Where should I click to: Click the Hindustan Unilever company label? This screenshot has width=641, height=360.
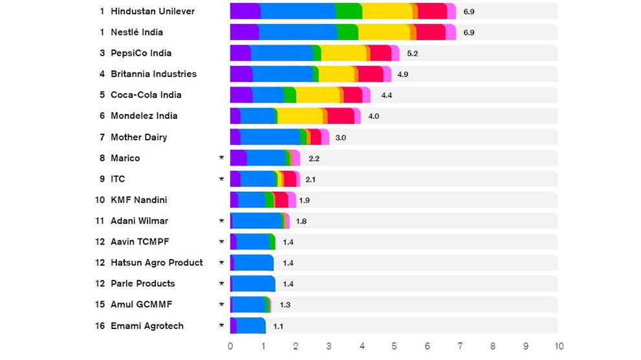[x=153, y=12]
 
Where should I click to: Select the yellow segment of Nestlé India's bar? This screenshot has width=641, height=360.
[x=384, y=32]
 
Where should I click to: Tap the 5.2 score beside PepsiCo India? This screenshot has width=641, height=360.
[x=412, y=54]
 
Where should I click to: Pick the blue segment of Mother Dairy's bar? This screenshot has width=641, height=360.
[x=270, y=137]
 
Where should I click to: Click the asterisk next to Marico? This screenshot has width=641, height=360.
[x=221, y=158]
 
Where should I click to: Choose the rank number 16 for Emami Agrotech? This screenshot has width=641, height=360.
[x=100, y=326]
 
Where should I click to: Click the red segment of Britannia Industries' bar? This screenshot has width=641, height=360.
[x=370, y=74]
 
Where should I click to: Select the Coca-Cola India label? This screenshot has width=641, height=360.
[x=146, y=95]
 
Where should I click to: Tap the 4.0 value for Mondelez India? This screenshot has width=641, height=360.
[x=374, y=116]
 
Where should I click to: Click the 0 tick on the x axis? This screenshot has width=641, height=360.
[x=231, y=346]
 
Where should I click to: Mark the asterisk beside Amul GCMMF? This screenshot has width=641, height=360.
[x=221, y=304]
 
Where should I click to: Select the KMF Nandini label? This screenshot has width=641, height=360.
[x=139, y=200]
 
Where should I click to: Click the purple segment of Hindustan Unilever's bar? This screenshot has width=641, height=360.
[x=245, y=12]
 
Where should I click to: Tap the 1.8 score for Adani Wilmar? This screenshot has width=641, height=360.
[x=301, y=221]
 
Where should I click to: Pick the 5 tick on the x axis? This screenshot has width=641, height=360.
[x=395, y=346]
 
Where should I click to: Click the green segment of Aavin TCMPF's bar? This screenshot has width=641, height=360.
[x=272, y=242]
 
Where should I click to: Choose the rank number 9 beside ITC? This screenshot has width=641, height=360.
[x=102, y=179]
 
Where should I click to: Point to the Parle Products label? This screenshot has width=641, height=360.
[x=143, y=284]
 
